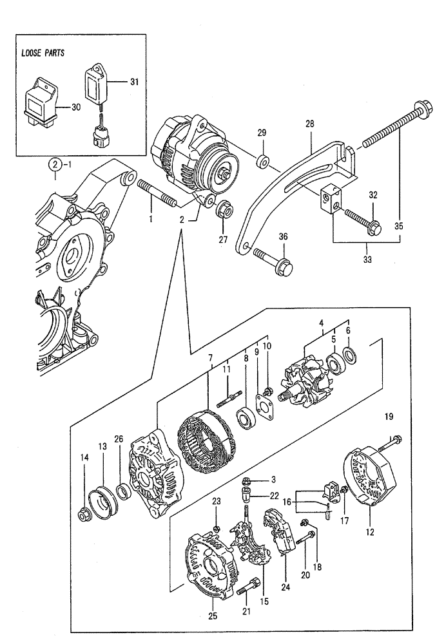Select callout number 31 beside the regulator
133,82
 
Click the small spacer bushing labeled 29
262,161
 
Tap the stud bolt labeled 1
157,193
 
